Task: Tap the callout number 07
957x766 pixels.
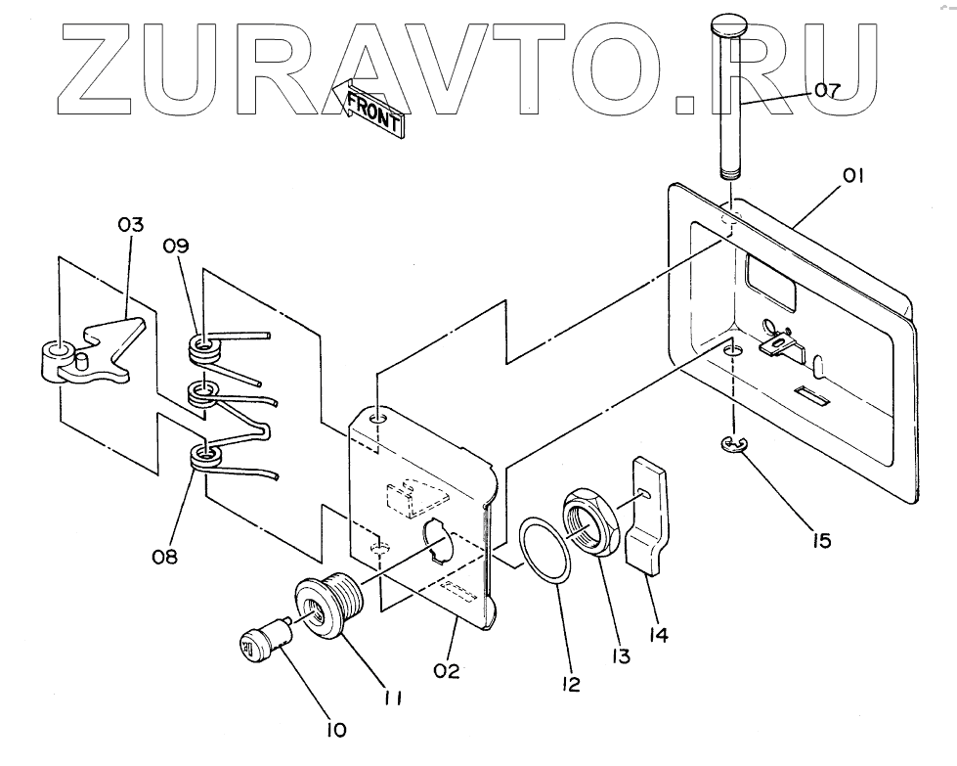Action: [x=826, y=92]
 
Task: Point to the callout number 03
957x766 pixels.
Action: [x=130, y=225]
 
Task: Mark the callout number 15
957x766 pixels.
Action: [x=821, y=539]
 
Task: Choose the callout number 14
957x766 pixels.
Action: [x=657, y=635]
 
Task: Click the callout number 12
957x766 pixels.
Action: [x=571, y=685]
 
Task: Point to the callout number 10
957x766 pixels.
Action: [x=334, y=729]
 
